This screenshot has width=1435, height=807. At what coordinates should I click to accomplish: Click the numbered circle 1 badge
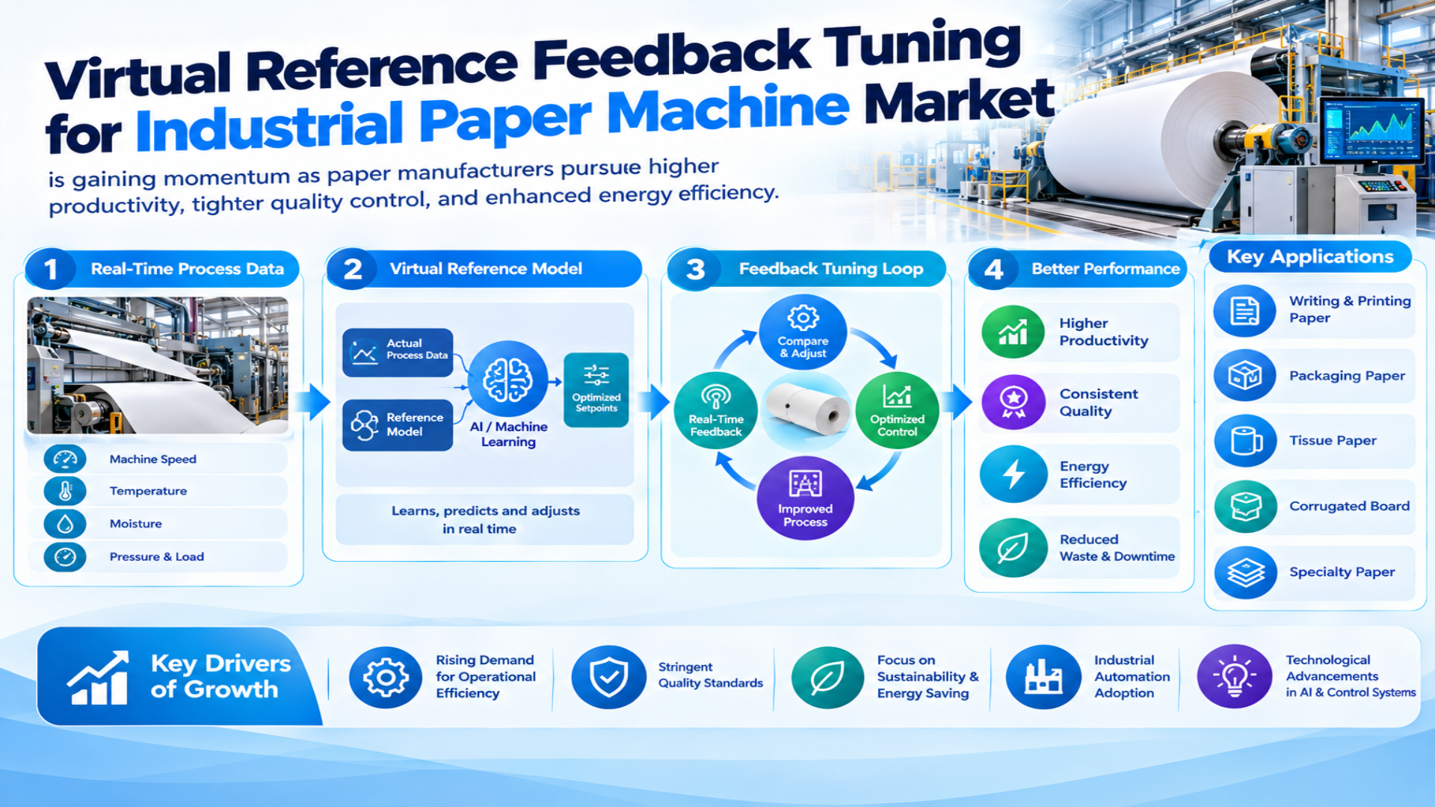[x=51, y=269]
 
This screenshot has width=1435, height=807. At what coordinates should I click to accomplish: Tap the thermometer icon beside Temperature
[x=65, y=491]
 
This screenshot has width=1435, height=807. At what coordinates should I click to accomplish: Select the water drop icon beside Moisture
[x=65, y=524]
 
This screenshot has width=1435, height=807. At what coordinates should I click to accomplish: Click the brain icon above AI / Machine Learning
[x=508, y=379]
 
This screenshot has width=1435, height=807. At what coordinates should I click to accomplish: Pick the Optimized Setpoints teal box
[x=596, y=390]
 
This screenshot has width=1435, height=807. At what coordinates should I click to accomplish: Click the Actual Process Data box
[x=398, y=352]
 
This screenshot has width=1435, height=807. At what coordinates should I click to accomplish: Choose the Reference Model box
[x=398, y=424]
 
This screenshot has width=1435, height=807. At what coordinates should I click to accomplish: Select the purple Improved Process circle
[x=805, y=498]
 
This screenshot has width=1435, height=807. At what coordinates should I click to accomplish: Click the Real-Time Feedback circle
[x=716, y=410]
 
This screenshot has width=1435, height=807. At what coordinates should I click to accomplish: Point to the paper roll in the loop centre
[x=808, y=409]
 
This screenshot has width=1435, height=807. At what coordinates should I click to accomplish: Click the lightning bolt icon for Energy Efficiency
[x=1013, y=474]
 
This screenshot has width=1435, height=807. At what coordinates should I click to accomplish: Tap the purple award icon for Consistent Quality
[x=1013, y=402]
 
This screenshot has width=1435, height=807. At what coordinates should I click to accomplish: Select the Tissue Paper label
[x=1333, y=440]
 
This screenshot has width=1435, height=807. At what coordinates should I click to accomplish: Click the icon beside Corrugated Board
[x=1246, y=507]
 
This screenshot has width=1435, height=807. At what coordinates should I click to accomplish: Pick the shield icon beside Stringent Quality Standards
[x=609, y=677]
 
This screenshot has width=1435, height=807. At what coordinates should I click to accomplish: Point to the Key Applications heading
[x=1310, y=256]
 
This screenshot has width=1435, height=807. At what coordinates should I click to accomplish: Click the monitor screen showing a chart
[x=1371, y=129]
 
